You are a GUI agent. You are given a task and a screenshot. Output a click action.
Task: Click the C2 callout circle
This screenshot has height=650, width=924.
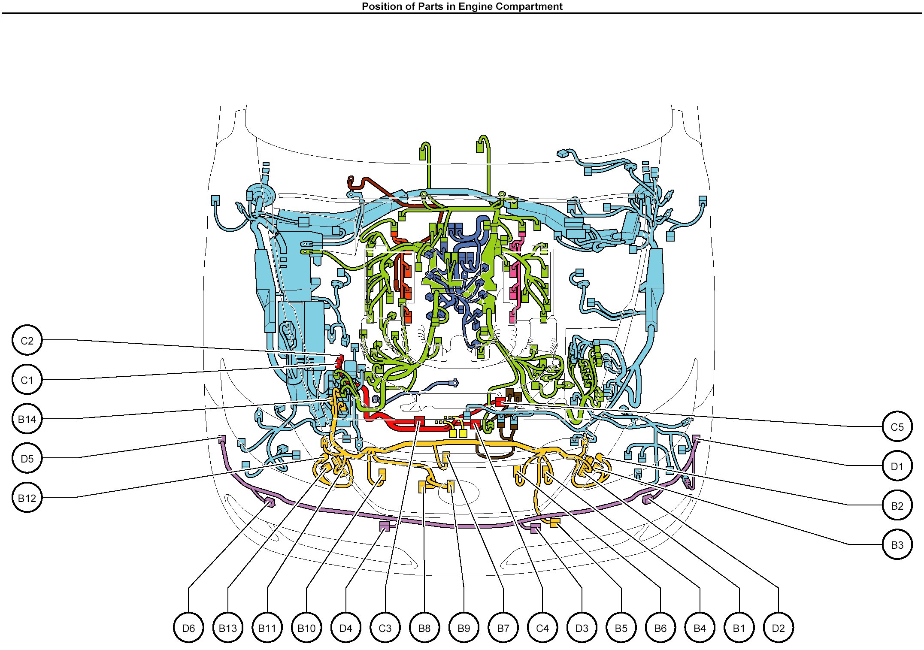pyautogui.click(x=27, y=340)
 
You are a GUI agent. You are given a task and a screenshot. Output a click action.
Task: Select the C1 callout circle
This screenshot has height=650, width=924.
pyautogui.click(x=27, y=380)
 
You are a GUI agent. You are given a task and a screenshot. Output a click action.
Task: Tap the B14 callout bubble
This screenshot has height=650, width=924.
pyautogui.click(x=27, y=419)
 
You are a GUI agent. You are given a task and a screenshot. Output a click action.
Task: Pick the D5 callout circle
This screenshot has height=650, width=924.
pyautogui.click(x=27, y=458)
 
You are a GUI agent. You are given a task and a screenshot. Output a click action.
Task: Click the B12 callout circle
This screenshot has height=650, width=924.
pyautogui.click(x=27, y=498)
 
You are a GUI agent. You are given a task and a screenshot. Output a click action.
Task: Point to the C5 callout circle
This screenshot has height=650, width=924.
pyautogui.click(x=897, y=426)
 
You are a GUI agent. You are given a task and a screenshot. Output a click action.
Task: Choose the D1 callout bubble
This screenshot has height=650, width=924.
pyautogui.click(x=897, y=466)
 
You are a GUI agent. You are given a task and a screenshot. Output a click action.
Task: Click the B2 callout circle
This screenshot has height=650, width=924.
pyautogui.click(x=897, y=505)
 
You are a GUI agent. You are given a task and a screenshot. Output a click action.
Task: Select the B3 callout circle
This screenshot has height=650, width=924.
pyautogui.click(x=897, y=544)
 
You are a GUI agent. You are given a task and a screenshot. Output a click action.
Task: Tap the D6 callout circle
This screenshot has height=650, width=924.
pyautogui.click(x=188, y=628)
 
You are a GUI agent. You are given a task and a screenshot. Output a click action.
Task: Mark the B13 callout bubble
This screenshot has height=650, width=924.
pyautogui.click(x=228, y=628)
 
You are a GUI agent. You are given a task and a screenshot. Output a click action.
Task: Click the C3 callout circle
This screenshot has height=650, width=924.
pyautogui.click(x=385, y=628)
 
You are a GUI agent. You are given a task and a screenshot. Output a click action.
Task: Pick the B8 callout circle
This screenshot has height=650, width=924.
pyautogui.click(x=424, y=628)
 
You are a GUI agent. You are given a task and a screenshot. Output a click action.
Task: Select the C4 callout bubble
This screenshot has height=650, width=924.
pyautogui.click(x=542, y=628)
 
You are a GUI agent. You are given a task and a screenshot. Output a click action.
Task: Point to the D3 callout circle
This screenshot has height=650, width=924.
pyautogui.click(x=582, y=628)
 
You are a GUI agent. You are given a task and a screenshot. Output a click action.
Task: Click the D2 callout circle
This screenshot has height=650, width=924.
pyautogui.click(x=779, y=628)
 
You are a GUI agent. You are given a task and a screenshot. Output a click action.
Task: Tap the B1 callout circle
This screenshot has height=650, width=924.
pyautogui.click(x=739, y=628)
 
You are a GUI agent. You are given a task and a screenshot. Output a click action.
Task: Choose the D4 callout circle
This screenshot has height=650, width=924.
pyautogui.click(x=346, y=628)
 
